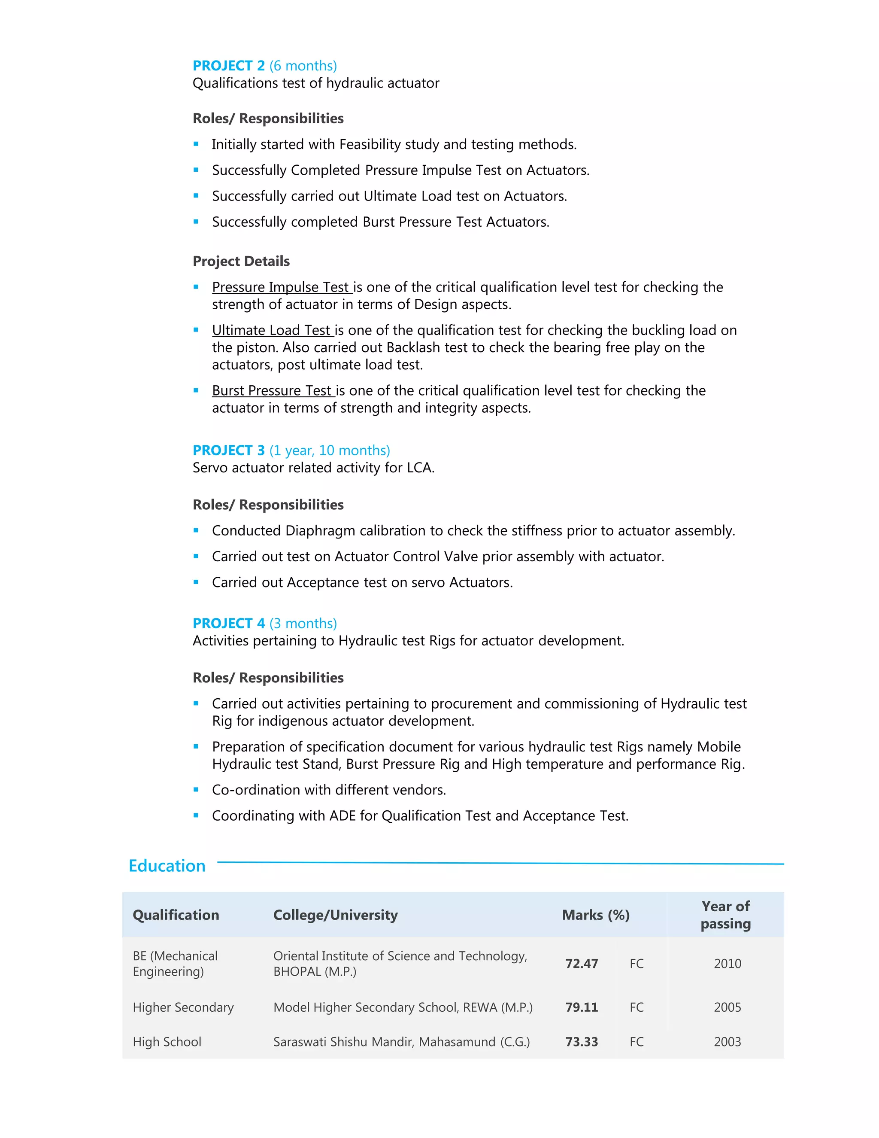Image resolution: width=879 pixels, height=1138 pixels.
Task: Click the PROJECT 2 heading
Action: (229, 66)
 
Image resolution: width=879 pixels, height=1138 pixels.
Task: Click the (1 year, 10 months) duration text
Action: (330, 450)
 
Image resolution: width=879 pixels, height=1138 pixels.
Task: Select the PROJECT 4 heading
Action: (229, 623)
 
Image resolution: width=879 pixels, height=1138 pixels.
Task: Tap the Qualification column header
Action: (176, 915)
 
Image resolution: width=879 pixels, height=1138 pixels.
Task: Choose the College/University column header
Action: (335, 915)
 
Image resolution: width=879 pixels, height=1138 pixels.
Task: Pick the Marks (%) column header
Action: (596, 915)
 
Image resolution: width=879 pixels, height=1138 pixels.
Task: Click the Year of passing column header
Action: (725, 915)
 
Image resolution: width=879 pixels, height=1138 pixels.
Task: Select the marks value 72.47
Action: (582, 964)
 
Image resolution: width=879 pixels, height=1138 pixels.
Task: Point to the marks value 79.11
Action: (582, 1007)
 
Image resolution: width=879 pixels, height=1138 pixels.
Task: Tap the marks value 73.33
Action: (582, 1042)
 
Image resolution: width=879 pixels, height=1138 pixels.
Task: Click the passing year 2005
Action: (727, 1007)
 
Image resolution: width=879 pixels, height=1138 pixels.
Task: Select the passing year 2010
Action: (727, 964)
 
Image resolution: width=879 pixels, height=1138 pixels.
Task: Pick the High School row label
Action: (167, 1042)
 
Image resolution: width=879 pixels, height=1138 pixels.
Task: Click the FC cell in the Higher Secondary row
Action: (637, 1007)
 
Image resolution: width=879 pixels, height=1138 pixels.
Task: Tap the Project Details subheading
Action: (241, 261)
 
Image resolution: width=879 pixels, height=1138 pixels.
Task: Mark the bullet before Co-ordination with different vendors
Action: (196, 789)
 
